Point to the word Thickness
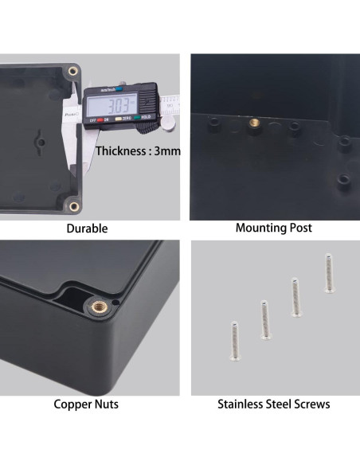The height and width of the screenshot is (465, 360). (122, 150)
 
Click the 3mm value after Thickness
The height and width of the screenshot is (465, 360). (168, 150)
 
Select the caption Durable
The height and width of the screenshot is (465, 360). (87, 229)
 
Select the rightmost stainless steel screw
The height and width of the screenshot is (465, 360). (327, 272)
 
